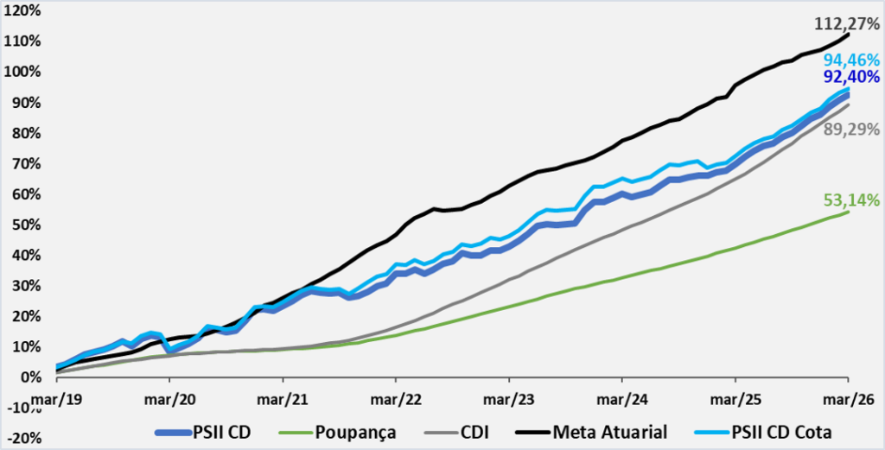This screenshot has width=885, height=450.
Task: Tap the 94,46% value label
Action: [x=850, y=60]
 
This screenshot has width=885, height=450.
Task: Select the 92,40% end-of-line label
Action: [x=850, y=79]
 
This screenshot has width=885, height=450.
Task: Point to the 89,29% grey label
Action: [x=850, y=130]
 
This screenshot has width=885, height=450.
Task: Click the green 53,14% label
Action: [x=850, y=200]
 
